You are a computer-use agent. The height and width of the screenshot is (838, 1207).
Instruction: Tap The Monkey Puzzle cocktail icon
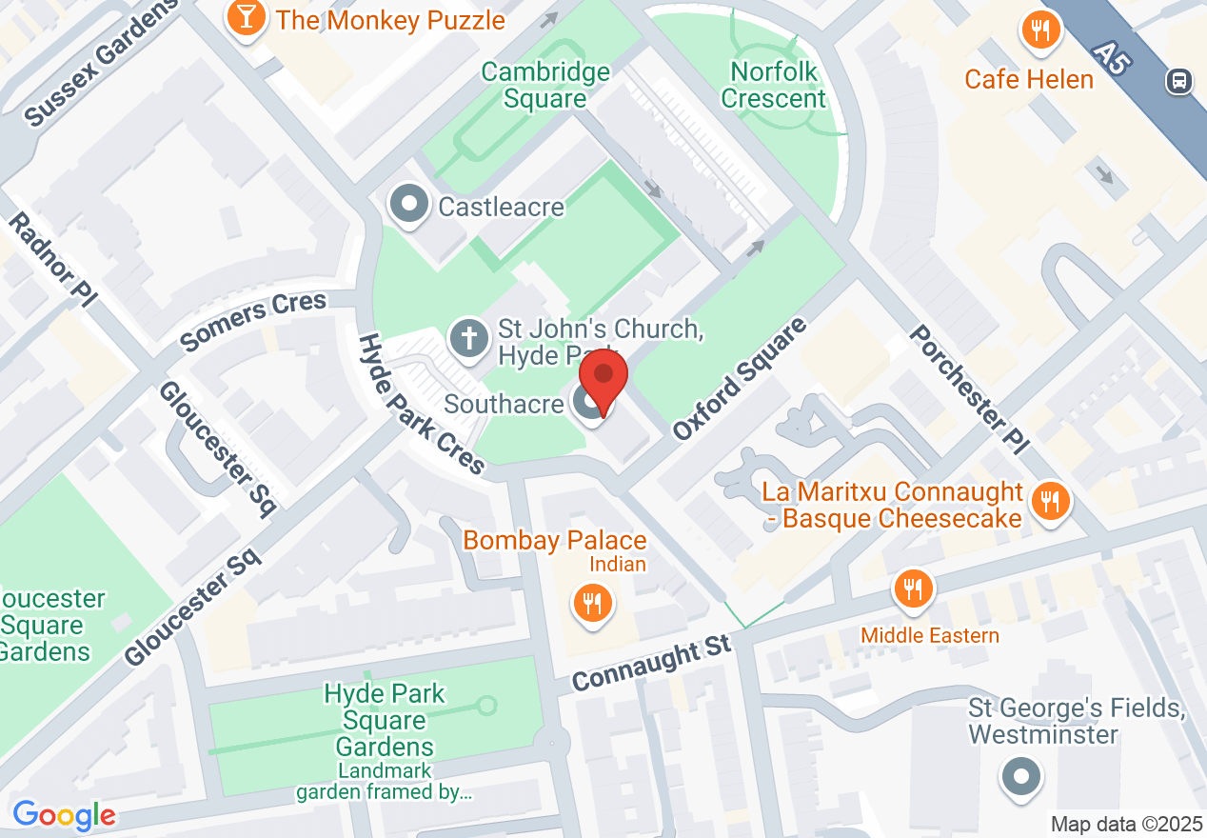[247, 18]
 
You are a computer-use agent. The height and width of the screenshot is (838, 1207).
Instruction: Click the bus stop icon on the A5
[1179, 81]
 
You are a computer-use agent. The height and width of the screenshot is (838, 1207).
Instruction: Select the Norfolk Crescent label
[774, 85]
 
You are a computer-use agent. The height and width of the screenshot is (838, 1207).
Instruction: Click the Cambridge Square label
[545, 85]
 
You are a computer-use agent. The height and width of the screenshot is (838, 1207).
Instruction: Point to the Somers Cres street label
[253, 321]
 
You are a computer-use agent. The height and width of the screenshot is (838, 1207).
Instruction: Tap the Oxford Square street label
[739, 378]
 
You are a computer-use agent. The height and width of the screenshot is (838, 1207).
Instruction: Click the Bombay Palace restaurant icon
[592, 603]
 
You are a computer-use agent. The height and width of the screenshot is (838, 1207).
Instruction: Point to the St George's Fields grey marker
[1019, 777]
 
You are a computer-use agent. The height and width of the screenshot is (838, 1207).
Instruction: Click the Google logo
[64, 815]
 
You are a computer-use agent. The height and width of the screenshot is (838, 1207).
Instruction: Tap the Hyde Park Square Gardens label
[385, 720]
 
